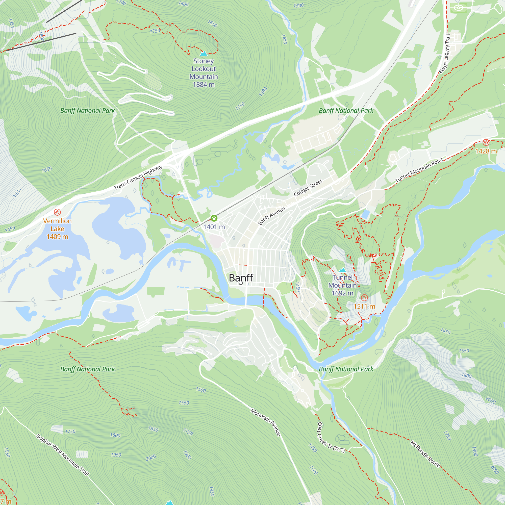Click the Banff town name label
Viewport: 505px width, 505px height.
pyautogui.click(x=241, y=277)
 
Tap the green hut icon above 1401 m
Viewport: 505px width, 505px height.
pyautogui.click(x=214, y=218)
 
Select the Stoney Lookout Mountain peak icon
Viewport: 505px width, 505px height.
pyautogui.click(x=203, y=54)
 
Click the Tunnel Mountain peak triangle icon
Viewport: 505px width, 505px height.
pyautogui.click(x=342, y=270)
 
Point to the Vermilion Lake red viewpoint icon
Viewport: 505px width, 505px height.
pyautogui.click(x=57, y=212)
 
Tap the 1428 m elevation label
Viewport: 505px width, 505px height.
pyautogui.click(x=486, y=151)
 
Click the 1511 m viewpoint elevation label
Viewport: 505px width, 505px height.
pyautogui.click(x=364, y=306)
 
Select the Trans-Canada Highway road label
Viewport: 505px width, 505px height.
pyautogui.click(x=138, y=177)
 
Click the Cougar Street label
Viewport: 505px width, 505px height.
pyautogui.click(x=308, y=188)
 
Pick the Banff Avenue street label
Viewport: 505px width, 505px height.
pyautogui.click(x=271, y=216)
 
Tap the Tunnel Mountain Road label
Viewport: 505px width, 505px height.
pyautogui.click(x=418, y=170)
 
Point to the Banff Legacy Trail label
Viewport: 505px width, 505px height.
pyautogui.click(x=445, y=54)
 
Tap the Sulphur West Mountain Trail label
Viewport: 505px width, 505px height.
pyautogui.click(x=62, y=454)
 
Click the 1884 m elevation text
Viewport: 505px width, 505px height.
pyautogui.click(x=203, y=84)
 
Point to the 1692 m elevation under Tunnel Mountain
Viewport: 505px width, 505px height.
pyautogui.click(x=342, y=293)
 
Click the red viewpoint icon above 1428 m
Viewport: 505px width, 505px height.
pyautogui.click(x=486, y=142)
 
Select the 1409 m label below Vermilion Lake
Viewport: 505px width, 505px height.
pyautogui.click(x=57, y=237)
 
